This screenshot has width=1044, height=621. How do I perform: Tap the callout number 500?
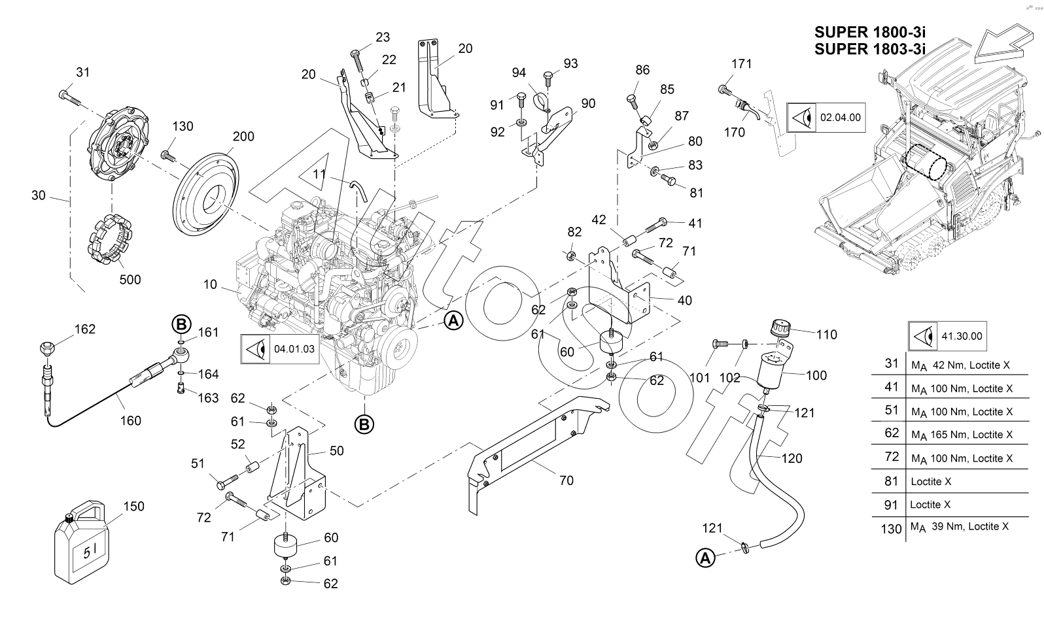click(130, 280)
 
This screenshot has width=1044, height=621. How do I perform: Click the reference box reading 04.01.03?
click(280, 349)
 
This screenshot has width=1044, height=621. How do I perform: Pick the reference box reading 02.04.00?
click(826, 118)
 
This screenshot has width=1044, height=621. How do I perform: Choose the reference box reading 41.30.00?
click(948, 336)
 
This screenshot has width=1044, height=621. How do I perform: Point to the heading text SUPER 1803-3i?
click(870, 49)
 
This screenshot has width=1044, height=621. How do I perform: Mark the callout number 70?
click(566, 480)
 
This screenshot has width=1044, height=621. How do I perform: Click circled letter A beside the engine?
click(453, 321)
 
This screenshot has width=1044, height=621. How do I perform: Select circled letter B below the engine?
click(364, 424)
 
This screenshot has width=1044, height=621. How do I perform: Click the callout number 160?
click(131, 421)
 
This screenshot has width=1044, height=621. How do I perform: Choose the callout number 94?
click(519, 73)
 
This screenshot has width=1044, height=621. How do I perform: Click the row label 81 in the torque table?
click(891, 480)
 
